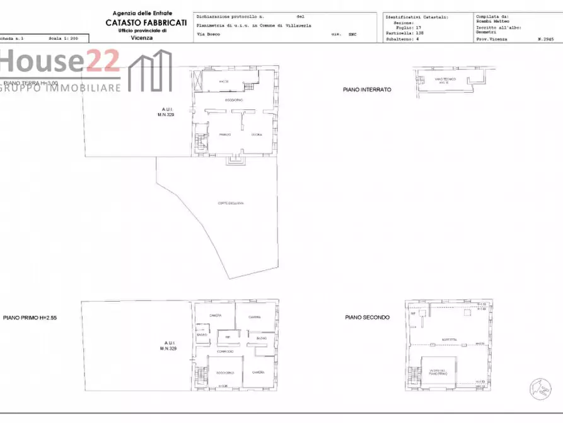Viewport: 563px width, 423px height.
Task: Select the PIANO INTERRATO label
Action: pyautogui.click(x=367, y=90)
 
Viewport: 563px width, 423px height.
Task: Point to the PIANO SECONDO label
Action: pyautogui.click(x=367, y=317)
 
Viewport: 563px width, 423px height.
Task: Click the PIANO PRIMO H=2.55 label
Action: pyautogui.click(x=30, y=318)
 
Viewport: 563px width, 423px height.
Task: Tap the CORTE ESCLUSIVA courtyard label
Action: pyautogui.click(x=231, y=203)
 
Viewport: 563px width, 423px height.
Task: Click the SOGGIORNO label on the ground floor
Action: pyautogui.click(x=234, y=101)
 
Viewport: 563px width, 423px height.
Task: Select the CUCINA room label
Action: pyautogui.click(x=257, y=135)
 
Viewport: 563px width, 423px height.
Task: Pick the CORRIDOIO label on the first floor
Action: pyautogui.click(x=225, y=352)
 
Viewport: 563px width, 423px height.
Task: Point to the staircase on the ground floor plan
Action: pyautogui.click(x=200, y=141)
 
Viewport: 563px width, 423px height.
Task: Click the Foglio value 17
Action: pyautogui.click(x=418, y=28)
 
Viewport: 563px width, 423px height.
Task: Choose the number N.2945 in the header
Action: pyautogui.click(x=545, y=39)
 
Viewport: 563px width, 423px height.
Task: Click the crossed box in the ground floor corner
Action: pyautogui.click(x=198, y=81)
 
